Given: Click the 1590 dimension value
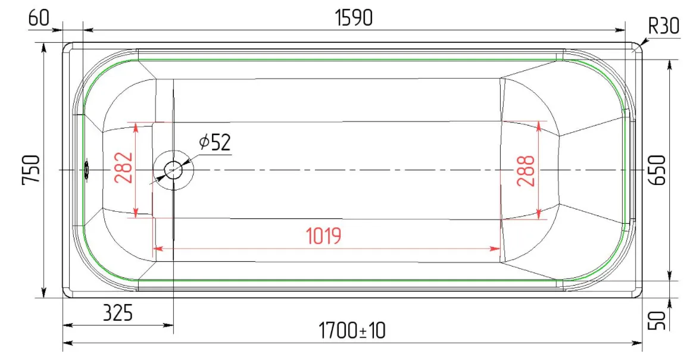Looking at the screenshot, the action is click(x=354, y=18).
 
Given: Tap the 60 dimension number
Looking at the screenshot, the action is click(x=39, y=18).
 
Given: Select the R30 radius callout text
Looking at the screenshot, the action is click(x=663, y=26).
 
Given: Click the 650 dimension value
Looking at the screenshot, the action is click(x=657, y=170).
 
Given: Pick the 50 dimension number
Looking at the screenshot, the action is click(x=657, y=320).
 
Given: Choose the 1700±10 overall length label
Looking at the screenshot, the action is click(x=352, y=330).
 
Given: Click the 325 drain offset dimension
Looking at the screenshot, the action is click(x=117, y=313).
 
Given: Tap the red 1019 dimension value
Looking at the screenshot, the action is click(x=324, y=236).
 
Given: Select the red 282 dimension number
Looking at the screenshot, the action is click(x=123, y=167).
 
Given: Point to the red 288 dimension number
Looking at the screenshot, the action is click(x=526, y=171).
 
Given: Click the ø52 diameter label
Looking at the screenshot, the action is click(x=216, y=142).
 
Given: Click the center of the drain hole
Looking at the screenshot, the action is click(x=173, y=170).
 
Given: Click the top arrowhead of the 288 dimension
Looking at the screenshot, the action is click(x=539, y=126).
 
